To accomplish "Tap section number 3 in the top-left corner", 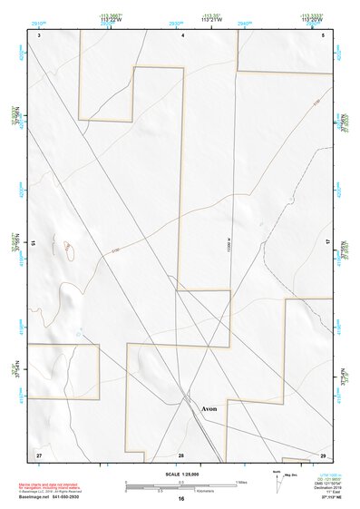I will click(x=40, y=34).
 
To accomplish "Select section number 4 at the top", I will click(x=183, y=34).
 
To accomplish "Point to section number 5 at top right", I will click(x=323, y=34).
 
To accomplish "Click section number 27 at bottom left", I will click(x=39, y=454).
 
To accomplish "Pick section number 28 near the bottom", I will click(x=181, y=454).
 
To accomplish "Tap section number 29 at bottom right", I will click(x=323, y=454).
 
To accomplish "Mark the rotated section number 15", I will click(x=34, y=243).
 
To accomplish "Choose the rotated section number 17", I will click(x=328, y=243).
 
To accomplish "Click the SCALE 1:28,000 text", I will click(x=180, y=473).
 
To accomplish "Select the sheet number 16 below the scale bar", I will click(x=181, y=499).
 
